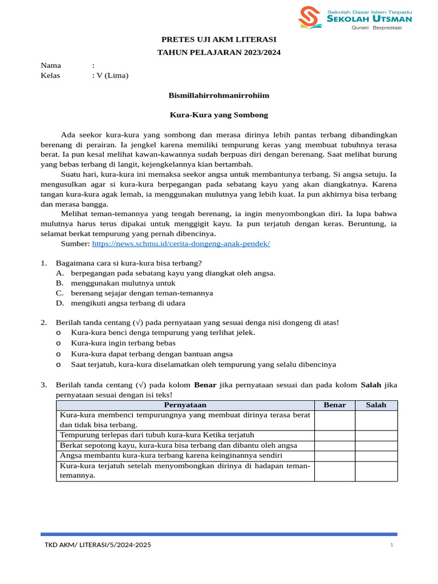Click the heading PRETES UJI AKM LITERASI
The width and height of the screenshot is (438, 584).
tap(219, 39)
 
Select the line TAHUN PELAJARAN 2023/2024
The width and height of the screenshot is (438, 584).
tap(219, 52)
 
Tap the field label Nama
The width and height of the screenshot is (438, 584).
tap(51, 65)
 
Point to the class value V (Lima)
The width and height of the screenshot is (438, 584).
tap(112, 75)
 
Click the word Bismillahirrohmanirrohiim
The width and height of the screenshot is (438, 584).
tap(219, 95)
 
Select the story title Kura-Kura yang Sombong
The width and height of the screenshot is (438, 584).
tap(219, 115)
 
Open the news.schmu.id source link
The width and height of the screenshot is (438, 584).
tap(181, 244)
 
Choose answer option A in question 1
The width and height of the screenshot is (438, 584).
tap(60, 273)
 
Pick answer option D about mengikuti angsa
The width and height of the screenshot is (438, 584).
tap(60, 303)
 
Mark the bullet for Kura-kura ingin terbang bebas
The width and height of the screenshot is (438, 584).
tap(59, 343)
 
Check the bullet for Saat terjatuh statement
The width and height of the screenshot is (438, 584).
tap(59, 364)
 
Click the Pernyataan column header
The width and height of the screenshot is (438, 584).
tap(185, 405)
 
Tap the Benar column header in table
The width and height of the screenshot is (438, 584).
tap(335, 405)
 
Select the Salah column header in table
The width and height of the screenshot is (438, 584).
tap(376, 405)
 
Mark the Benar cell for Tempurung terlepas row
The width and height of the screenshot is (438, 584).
tap(335, 435)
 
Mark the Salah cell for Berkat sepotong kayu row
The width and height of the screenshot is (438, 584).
tap(376, 445)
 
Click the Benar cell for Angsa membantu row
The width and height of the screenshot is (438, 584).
tap(335, 456)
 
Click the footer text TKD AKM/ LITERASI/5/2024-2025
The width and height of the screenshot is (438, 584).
tap(98, 545)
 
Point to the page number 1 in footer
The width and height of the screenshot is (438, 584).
tap(392, 546)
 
